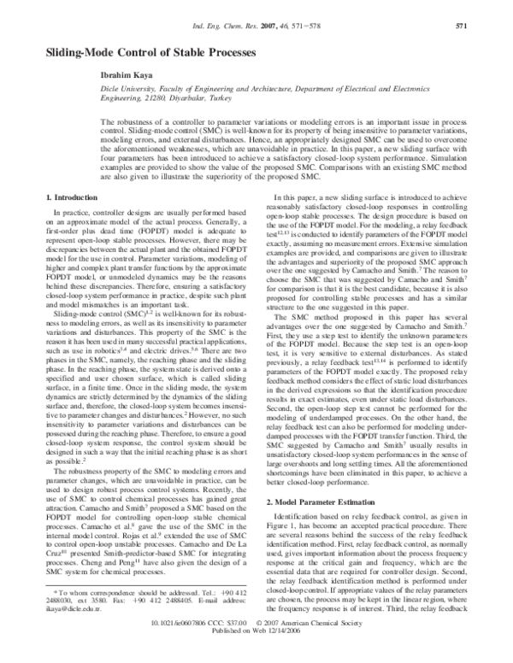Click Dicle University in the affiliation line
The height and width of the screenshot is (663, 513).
pos(73,89)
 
